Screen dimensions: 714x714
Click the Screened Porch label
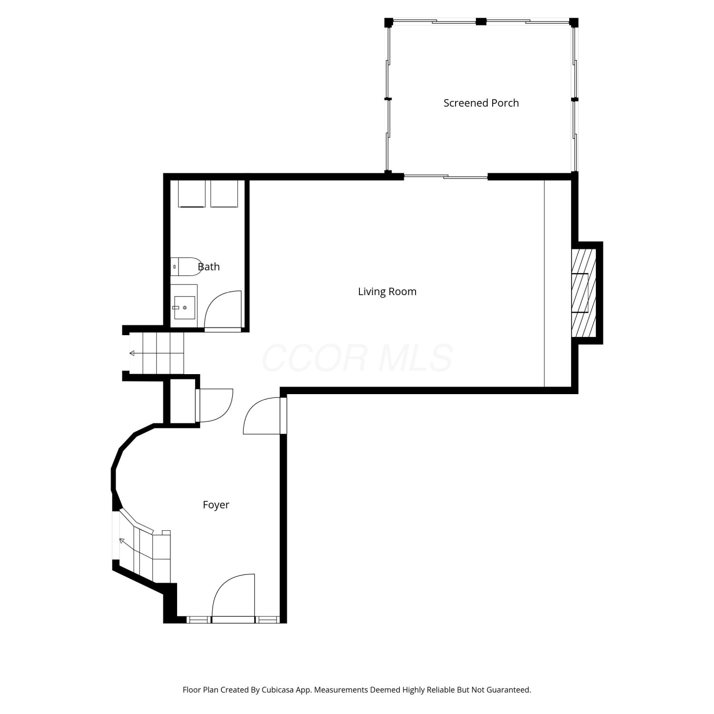(x=481, y=103)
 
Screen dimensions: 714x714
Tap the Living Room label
(x=387, y=291)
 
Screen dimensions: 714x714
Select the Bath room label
(x=209, y=267)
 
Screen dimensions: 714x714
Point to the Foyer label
(x=216, y=505)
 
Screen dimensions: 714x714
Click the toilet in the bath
(x=186, y=267)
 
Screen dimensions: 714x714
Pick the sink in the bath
(x=184, y=307)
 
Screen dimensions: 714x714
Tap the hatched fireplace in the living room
(x=584, y=293)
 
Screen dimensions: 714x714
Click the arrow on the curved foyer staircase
(x=122, y=541)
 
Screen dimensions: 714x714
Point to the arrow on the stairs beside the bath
(x=132, y=353)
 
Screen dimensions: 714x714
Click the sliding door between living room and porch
(x=446, y=177)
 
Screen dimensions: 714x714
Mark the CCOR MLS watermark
(x=357, y=358)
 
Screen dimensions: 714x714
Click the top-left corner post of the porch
(x=389, y=22)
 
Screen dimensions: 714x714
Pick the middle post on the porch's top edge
(x=481, y=21)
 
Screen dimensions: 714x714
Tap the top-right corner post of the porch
(x=574, y=22)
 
